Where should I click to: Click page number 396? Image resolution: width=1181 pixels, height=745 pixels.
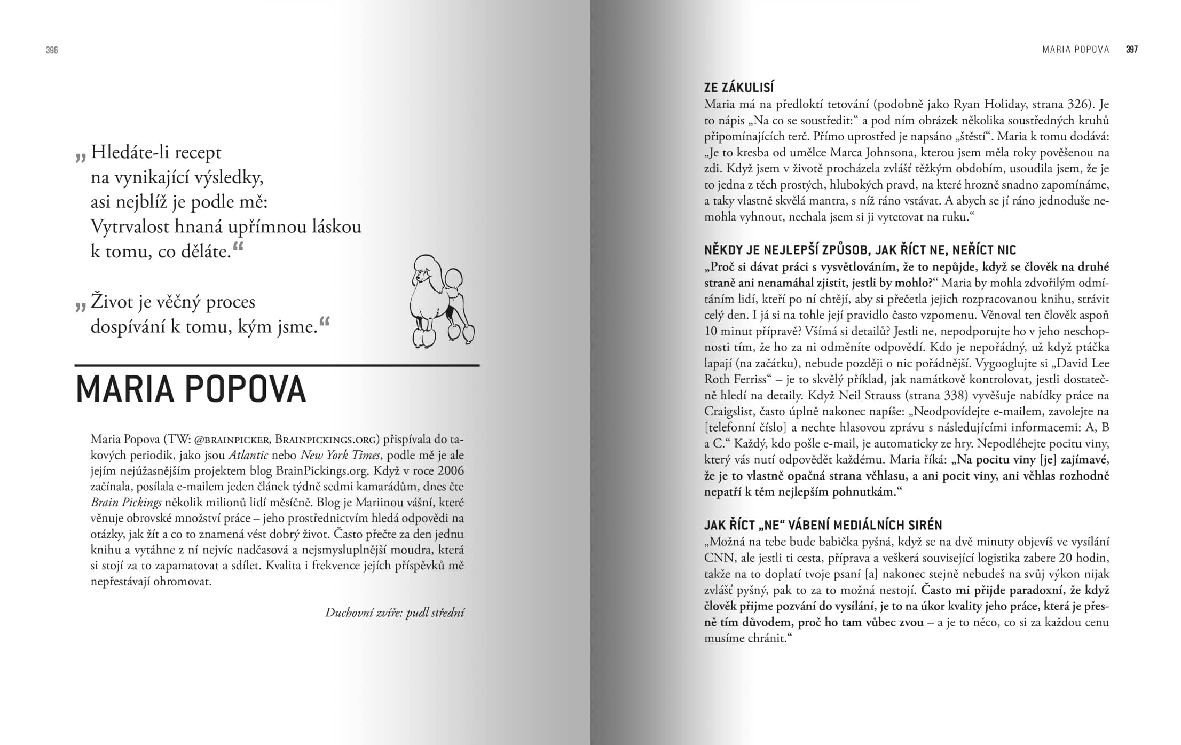[52, 50]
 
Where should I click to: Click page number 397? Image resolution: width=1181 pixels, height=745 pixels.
[1131, 50]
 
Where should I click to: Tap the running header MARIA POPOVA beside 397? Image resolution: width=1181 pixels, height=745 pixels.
[1075, 50]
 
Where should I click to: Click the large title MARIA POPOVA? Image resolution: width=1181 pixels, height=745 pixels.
[191, 389]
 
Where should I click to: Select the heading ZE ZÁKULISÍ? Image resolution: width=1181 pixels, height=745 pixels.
[739, 87]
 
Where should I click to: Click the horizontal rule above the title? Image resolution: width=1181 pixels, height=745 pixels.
[277, 365]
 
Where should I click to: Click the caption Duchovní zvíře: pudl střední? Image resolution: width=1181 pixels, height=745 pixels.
[395, 613]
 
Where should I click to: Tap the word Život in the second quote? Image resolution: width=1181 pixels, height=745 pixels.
[112, 302]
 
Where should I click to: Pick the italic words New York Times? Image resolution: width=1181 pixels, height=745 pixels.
[340, 455]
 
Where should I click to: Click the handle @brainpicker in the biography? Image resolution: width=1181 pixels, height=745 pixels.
[231, 440]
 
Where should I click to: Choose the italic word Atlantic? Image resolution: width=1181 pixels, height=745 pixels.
[248, 455]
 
